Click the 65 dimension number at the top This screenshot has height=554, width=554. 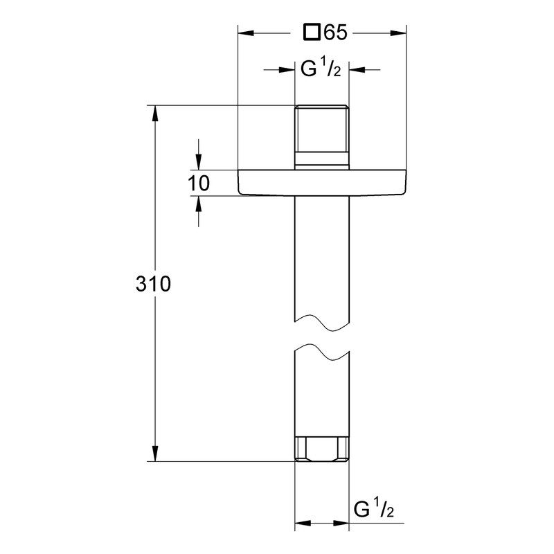(336, 33)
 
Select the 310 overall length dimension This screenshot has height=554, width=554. (153, 284)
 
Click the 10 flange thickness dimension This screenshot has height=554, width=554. (199, 184)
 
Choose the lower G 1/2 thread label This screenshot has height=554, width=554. (374, 509)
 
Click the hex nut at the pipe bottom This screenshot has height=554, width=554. (322, 449)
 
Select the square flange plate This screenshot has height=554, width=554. (322, 182)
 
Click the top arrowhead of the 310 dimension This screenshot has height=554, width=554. (154, 114)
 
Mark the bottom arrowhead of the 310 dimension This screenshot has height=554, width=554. (154, 454)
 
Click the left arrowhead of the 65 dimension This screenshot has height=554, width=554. (246, 33)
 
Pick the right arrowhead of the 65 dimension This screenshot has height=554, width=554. (398, 33)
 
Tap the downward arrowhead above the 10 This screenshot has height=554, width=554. (199, 162)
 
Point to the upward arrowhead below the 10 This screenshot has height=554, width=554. (199, 204)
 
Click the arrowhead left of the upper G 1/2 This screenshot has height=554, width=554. (287, 70)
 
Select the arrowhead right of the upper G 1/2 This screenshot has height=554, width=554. (357, 70)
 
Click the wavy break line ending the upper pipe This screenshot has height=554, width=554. (322, 322)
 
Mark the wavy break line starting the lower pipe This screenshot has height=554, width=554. (322, 352)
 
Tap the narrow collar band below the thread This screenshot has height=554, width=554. (322, 159)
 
